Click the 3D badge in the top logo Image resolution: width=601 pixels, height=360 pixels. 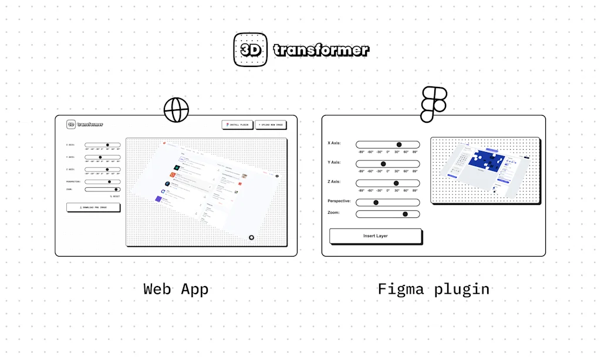click(250, 49)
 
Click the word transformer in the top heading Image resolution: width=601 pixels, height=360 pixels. click(321, 50)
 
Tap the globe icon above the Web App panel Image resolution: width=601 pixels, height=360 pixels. click(176, 109)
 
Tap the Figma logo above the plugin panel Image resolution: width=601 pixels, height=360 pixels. click(434, 104)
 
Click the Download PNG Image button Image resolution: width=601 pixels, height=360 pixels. click(93, 207)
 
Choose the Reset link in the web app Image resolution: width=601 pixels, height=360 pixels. click(114, 196)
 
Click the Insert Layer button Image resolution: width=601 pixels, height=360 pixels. click(376, 236)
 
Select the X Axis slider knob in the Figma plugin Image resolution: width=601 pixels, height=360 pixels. click(399, 144)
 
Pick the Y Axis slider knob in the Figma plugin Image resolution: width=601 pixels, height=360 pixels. click(383, 164)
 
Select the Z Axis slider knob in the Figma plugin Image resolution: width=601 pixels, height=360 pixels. click(396, 183)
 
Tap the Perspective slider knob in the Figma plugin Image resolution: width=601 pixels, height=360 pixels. click(376, 203)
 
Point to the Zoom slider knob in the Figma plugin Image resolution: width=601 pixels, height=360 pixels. click(405, 214)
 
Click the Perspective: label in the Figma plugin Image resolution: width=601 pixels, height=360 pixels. click(339, 201)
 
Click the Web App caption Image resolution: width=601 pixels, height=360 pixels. click(176, 289)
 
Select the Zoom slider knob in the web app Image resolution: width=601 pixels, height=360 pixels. click(116, 189)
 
